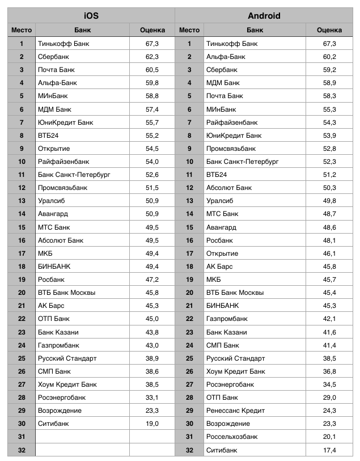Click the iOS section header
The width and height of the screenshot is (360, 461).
click(91, 16)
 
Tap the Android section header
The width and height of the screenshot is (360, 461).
click(264, 16)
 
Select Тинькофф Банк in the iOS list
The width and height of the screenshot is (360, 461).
click(63, 44)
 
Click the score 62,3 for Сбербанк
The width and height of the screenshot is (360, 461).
click(152, 57)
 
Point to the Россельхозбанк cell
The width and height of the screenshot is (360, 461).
click(232, 437)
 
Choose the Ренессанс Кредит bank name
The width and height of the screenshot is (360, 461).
click(235, 411)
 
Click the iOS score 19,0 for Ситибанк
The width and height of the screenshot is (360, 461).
click(152, 424)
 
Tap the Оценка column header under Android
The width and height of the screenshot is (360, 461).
click(329, 30)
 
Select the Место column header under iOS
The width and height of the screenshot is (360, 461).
click(22, 30)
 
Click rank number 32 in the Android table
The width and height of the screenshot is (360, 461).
click(189, 450)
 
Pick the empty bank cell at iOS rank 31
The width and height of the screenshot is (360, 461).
click(82, 437)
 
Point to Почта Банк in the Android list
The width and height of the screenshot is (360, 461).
click(225, 96)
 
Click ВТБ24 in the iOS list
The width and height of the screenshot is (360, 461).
click(49, 135)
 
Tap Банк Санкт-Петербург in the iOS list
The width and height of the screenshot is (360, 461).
click(74, 175)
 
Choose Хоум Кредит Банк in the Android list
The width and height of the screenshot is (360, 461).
click(235, 371)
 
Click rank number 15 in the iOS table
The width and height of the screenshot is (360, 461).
click(22, 227)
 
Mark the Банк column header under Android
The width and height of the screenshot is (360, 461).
click(255, 30)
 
